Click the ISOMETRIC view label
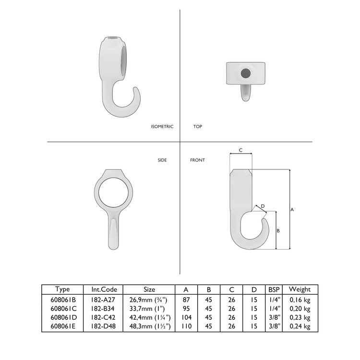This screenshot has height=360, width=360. pos(162,127)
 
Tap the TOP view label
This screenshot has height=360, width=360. pos(197,127)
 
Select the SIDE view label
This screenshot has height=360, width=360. pos(162,160)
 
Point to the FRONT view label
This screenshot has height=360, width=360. pos(197,160)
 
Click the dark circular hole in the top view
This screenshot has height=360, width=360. pos(246,74)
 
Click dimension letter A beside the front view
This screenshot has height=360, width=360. pos(292,209)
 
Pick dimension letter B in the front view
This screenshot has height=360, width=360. pos(278,231)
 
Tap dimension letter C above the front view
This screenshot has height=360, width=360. pos(241,150)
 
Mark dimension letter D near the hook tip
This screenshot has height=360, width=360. pos(263,206)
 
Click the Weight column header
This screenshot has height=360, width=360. pos(300,289)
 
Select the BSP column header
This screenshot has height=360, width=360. pos(273,289)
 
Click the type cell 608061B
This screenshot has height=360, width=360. pos(62,300)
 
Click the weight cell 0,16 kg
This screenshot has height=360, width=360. pos(300,300)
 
